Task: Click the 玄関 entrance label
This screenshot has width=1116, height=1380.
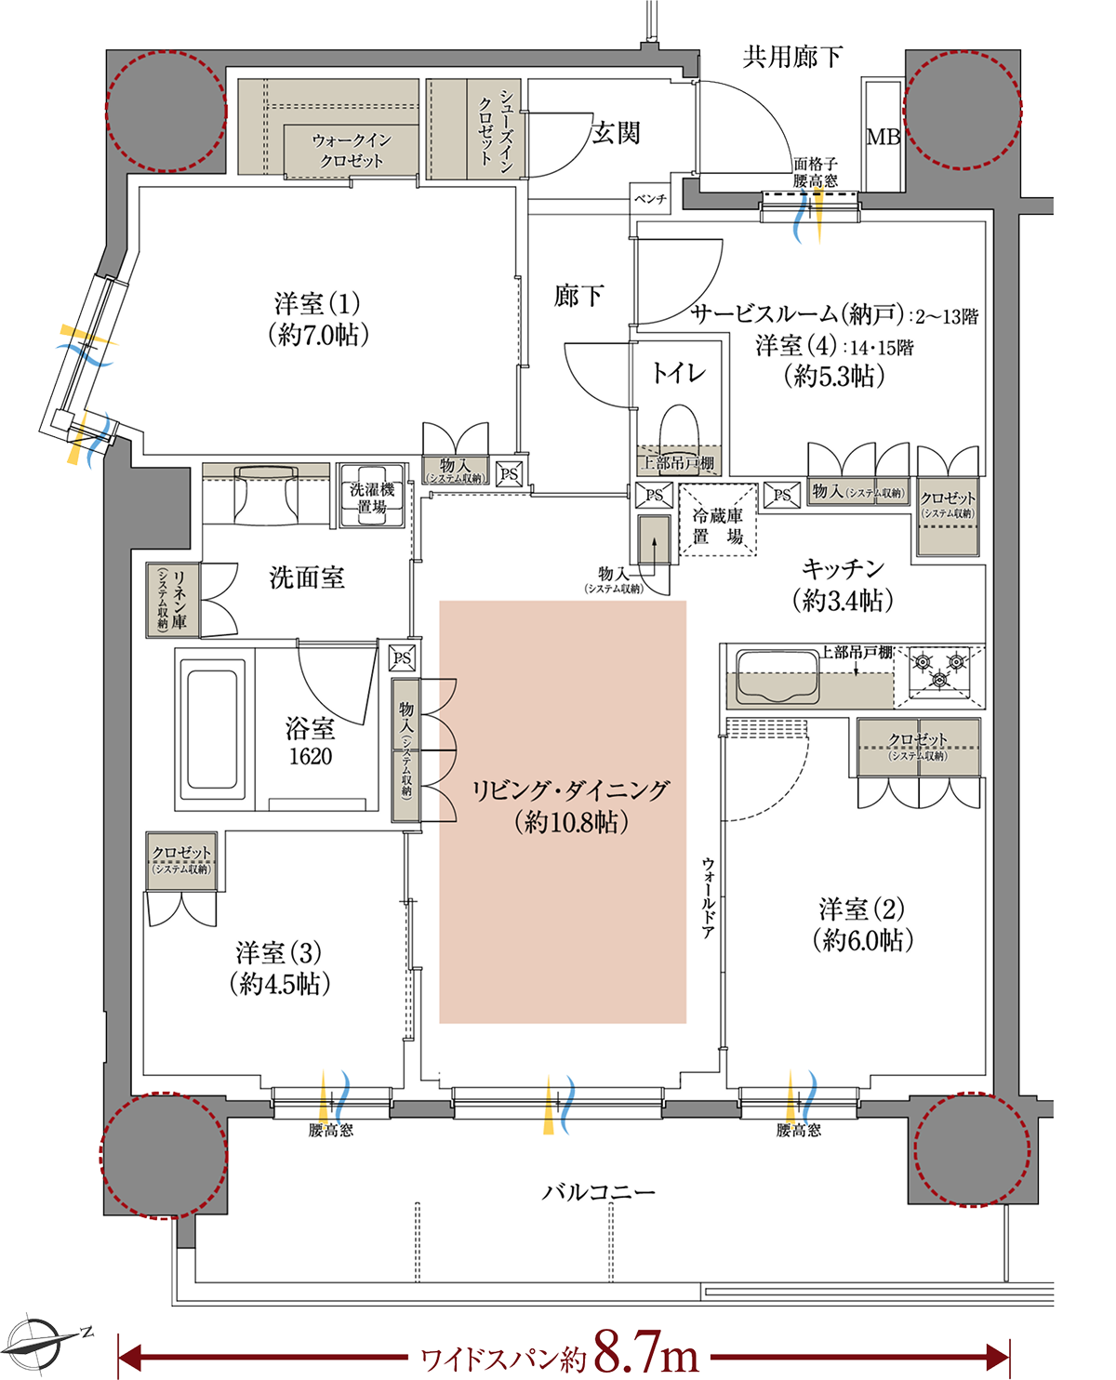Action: point(616,133)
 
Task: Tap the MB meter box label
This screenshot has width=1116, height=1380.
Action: point(883,137)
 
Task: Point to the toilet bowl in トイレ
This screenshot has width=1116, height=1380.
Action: point(678,429)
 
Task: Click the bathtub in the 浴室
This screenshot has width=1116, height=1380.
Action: point(215,727)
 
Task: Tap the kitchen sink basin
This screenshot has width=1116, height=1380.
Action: point(777,676)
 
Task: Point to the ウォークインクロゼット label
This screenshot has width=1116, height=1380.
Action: point(352,151)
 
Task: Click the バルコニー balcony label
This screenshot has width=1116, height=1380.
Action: point(599,1191)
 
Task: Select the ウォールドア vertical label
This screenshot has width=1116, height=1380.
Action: point(708,896)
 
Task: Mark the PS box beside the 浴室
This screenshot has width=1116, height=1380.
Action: point(401,657)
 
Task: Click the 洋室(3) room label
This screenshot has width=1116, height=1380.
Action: point(279,953)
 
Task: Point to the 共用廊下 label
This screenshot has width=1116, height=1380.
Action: point(791,59)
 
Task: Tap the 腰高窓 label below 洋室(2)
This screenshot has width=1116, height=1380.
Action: point(799,1131)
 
